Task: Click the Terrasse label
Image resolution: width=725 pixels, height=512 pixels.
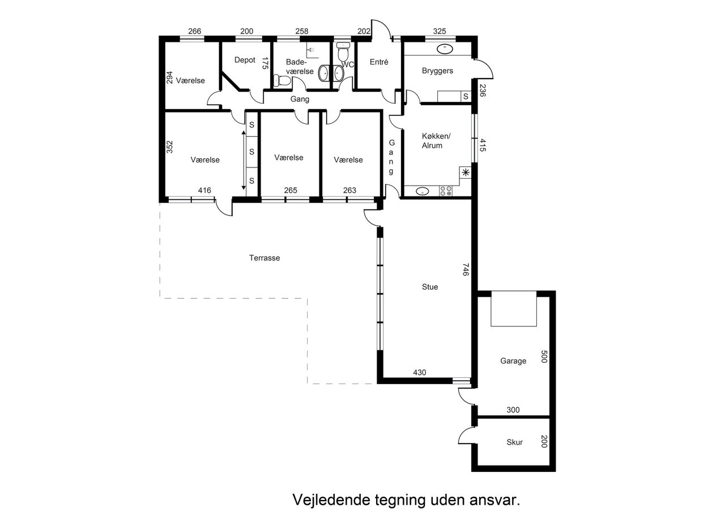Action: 265,258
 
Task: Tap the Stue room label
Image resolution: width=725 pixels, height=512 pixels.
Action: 430,287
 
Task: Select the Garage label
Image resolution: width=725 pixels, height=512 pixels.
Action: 513,361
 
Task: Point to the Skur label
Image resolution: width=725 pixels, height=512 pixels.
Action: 514,442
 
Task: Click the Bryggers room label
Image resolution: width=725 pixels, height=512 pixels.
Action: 437,71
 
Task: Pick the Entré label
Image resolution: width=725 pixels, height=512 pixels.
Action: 379,62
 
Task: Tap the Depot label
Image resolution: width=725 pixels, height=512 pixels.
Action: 245,60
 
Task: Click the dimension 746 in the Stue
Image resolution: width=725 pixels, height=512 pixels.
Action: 466,269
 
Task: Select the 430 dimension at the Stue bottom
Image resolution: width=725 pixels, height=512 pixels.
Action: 420,373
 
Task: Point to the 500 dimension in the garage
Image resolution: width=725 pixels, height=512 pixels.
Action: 544,356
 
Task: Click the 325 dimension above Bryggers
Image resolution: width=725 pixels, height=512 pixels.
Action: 439,31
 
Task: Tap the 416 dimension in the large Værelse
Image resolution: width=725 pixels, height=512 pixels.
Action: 204,191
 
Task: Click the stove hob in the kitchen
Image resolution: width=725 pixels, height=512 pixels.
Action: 445,191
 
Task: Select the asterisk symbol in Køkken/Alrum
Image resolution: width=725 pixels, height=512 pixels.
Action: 466,173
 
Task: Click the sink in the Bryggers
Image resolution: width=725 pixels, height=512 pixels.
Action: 445,49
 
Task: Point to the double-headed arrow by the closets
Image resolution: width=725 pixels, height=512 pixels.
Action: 244,160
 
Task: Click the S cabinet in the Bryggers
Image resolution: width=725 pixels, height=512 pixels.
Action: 466,96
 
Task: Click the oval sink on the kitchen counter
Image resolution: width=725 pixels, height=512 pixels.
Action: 422,191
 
